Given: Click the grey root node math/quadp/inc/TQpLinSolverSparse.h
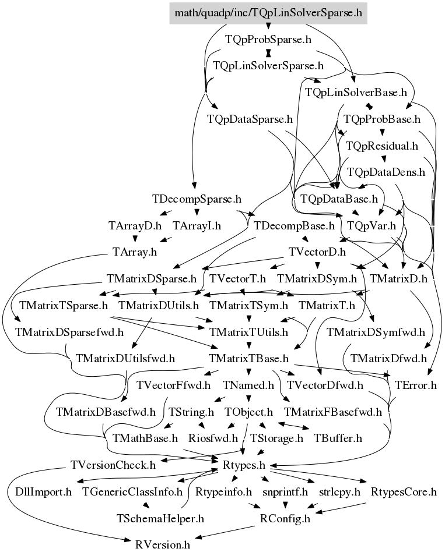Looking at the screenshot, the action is [x=268, y=13].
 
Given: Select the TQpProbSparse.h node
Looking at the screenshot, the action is [x=268, y=39].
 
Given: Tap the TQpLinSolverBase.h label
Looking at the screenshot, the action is [x=356, y=93].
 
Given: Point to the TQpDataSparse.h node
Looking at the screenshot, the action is [x=250, y=119].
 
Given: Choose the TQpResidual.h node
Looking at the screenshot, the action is [x=382, y=146].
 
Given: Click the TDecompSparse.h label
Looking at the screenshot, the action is [x=197, y=199].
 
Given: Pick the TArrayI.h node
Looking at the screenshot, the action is [x=197, y=226].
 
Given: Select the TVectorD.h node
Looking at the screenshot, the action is [x=317, y=252].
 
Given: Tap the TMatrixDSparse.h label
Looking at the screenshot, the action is [x=152, y=279].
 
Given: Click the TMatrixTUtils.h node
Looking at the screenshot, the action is [x=248, y=332].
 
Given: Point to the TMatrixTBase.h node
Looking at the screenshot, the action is [x=248, y=358].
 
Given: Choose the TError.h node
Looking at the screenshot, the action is [x=415, y=385].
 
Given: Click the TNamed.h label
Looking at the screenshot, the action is [x=248, y=385].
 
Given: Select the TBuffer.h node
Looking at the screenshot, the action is [x=338, y=438].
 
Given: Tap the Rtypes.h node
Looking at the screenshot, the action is [x=244, y=465].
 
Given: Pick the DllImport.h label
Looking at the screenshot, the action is [x=43, y=492].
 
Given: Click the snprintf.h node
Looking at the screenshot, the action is [x=285, y=492].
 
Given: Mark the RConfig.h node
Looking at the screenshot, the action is [x=285, y=519].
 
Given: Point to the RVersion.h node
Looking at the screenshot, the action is [x=163, y=545].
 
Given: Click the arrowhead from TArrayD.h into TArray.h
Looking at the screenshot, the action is [x=135, y=239].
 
